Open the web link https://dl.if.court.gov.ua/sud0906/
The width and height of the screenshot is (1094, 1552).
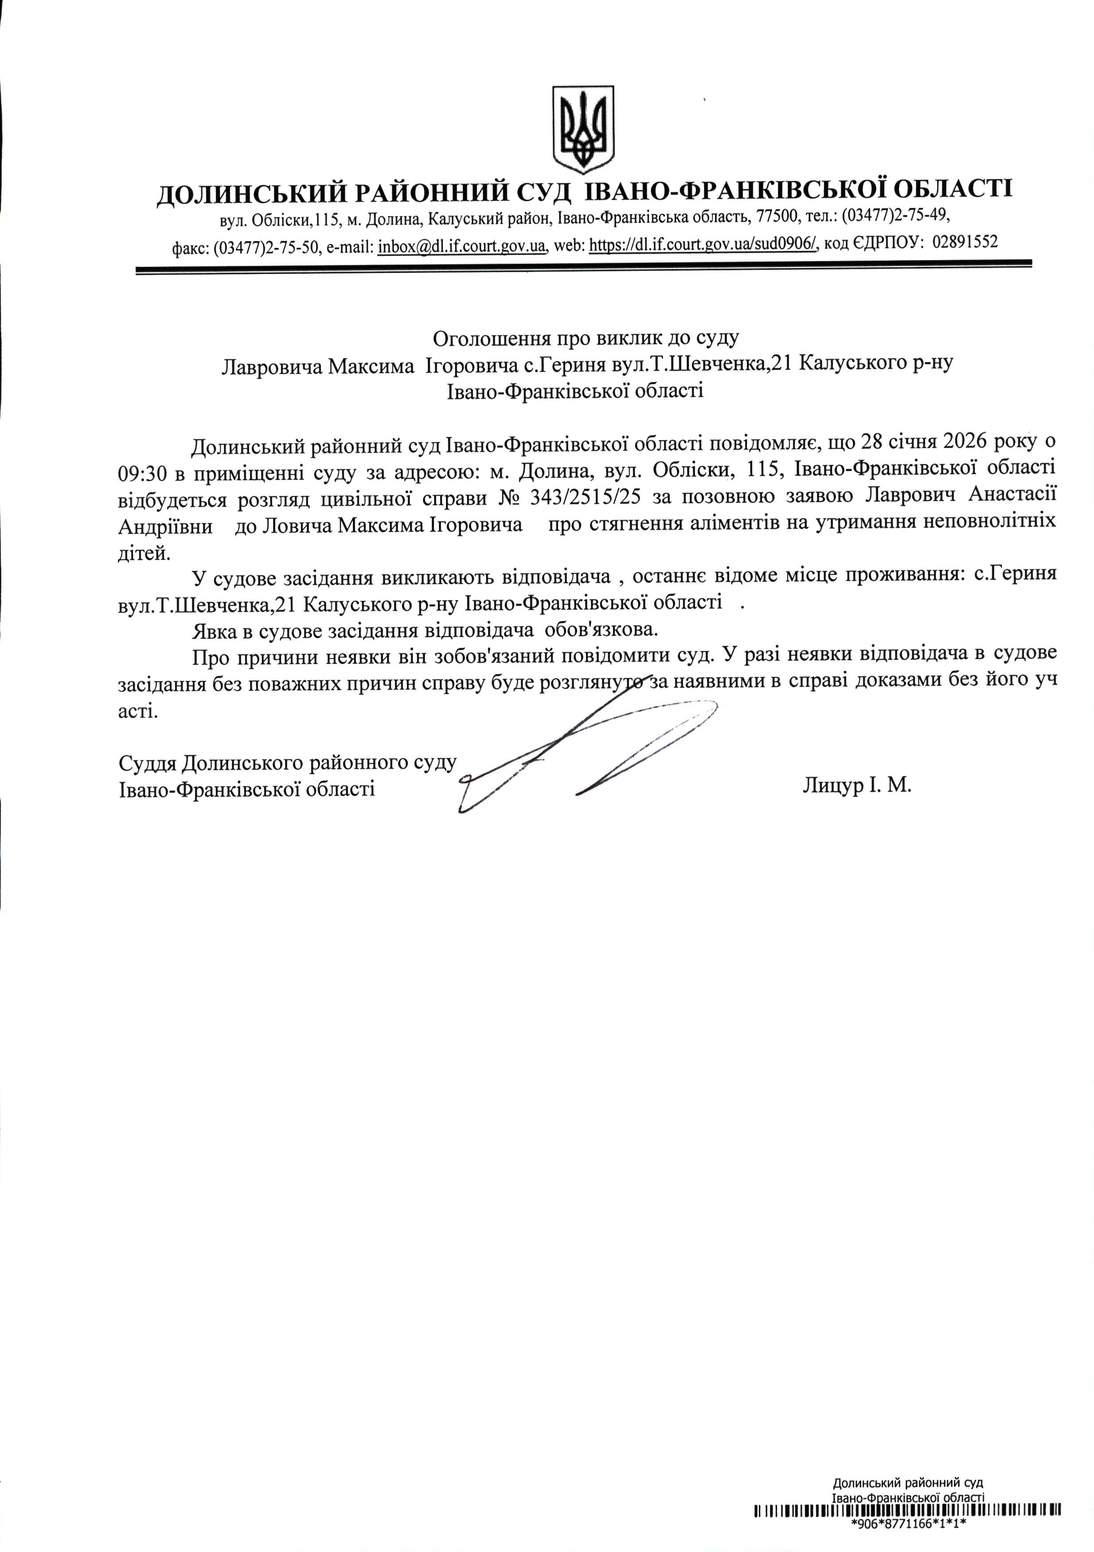coord(703,245)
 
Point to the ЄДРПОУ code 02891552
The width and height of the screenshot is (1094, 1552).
coord(965,242)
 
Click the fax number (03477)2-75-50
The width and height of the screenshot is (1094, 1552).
coord(266,247)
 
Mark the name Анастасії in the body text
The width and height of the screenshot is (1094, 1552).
coord(1012,496)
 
